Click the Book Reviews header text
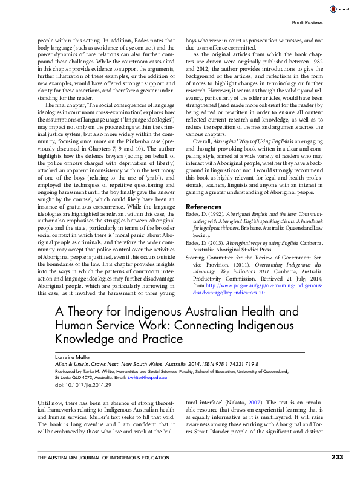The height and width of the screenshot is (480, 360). pos(307,22)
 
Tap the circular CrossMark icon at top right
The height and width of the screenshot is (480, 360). pos(332,8)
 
